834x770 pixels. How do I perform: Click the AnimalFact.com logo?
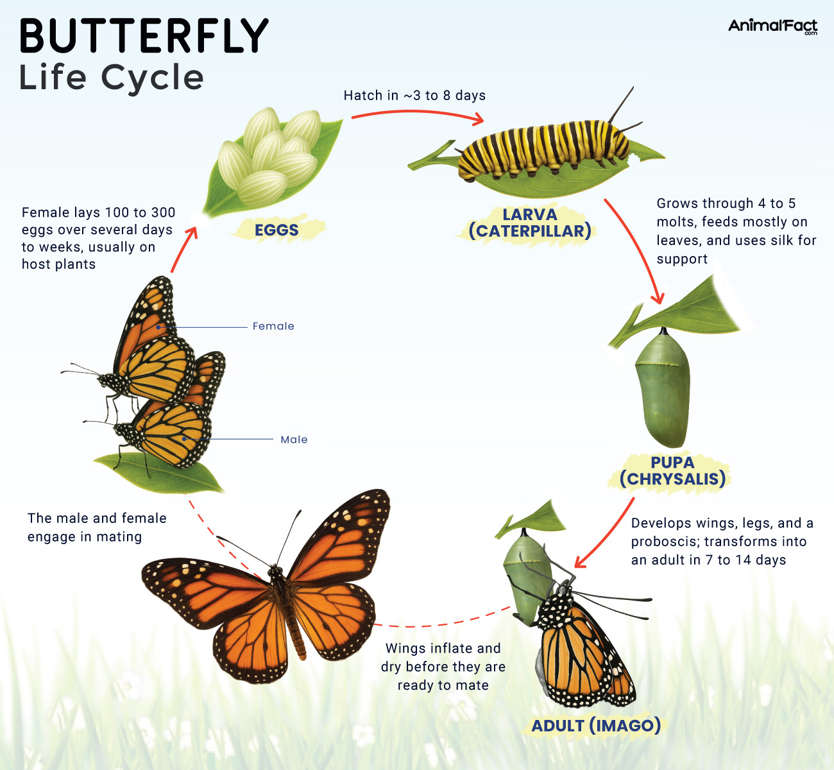(772, 26)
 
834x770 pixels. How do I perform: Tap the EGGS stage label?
(277, 230)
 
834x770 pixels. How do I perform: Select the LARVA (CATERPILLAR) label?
(530, 223)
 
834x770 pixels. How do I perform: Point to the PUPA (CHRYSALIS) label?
(672, 471)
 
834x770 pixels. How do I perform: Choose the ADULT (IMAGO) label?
(596, 726)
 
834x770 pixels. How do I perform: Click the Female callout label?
(273, 326)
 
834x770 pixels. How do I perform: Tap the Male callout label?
(294, 440)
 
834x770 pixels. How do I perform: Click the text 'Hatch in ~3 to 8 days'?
(414, 96)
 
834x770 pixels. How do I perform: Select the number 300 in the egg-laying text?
(164, 212)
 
